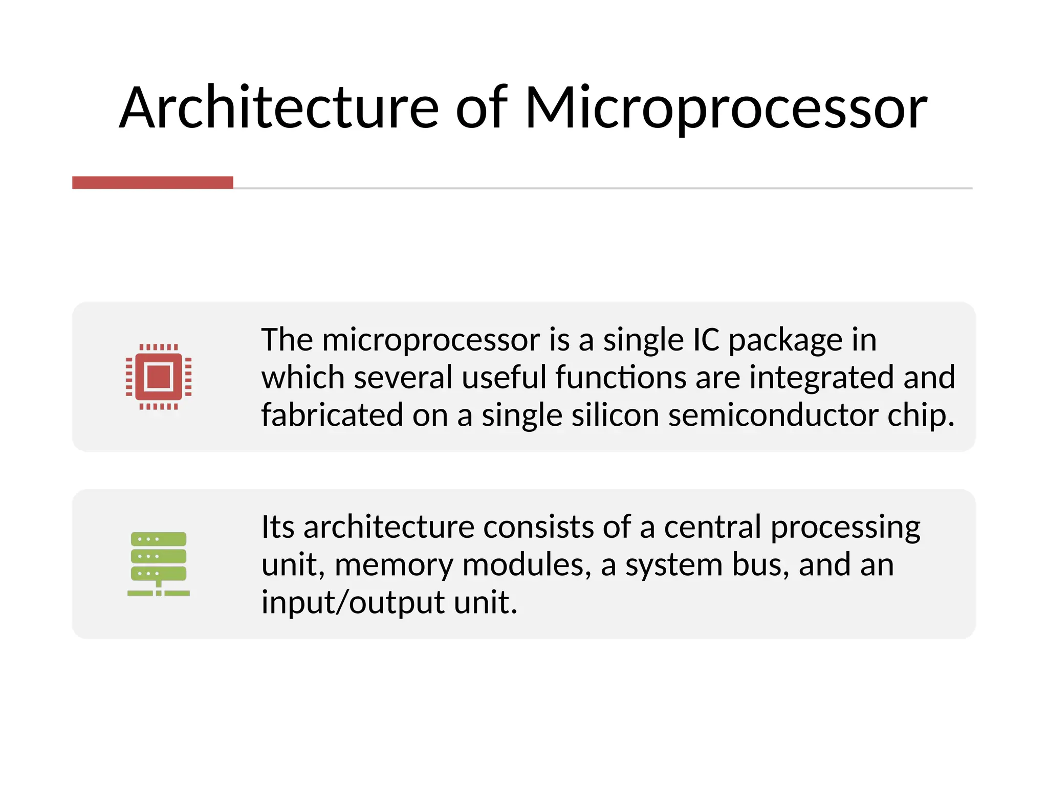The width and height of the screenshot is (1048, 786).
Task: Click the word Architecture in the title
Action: coord(279,108)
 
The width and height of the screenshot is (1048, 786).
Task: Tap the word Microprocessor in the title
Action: coord(726,108)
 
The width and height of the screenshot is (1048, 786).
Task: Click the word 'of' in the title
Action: coord(481,108)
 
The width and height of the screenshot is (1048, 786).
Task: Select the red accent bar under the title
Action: coord(152,183)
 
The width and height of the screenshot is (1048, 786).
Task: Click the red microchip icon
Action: coord(159,377)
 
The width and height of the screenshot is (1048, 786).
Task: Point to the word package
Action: coord(785,341)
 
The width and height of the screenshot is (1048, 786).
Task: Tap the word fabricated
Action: coord(332,415)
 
